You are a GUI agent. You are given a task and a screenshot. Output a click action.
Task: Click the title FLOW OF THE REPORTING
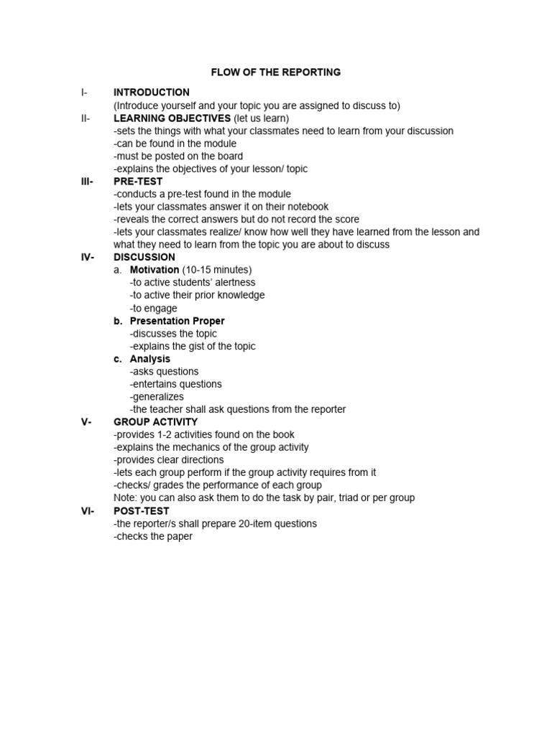[x=275, y=72]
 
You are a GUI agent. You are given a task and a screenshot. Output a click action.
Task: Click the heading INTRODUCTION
[x=152, y=93]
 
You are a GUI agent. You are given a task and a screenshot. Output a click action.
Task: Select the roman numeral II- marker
[x=86, y=118]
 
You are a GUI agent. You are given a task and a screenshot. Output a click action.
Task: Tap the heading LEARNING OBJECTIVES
[x=172, y=118]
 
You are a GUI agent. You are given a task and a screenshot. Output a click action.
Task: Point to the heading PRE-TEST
[x=138, y=182]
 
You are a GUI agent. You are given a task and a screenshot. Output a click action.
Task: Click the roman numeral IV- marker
[x=87, y=257]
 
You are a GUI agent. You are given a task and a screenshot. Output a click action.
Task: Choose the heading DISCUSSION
[x=144, y=257]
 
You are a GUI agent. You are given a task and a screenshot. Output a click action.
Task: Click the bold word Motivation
[x=155, y=270]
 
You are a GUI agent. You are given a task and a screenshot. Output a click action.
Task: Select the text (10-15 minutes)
[x=217, y=270]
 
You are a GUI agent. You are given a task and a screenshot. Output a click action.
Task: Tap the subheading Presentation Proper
[x=177, y=321]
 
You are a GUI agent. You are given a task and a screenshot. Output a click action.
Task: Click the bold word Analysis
[x=150, y=359]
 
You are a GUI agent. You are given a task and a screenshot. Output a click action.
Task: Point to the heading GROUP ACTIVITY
[x=155, y=422]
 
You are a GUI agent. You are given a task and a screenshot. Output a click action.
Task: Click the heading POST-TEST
[x=142, y=511]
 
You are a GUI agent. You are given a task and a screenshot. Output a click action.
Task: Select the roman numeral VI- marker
[x=87, y=511]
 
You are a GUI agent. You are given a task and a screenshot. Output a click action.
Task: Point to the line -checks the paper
[x=153, y=537]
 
